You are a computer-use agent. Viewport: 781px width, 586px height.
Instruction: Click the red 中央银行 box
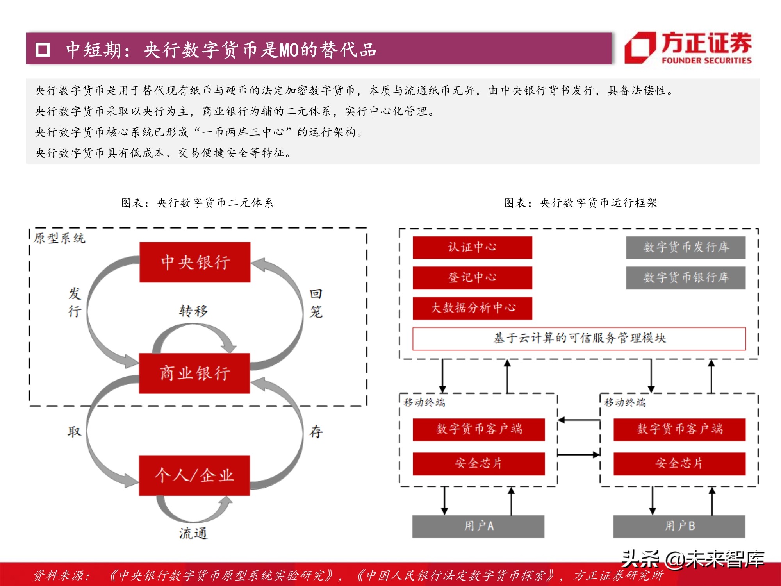tap(195, 262)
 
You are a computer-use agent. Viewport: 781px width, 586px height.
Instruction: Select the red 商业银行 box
tap(194, 373)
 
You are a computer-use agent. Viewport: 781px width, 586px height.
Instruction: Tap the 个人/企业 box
tap(194, 475)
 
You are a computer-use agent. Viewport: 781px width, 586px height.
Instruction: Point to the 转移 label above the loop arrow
tap(194, 311)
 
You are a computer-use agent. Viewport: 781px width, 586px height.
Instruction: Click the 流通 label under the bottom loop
tap(193, 533)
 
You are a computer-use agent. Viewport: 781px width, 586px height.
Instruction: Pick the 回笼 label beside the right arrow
tap(316, 303)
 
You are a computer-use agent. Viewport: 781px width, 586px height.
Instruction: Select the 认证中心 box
tap(472, 247)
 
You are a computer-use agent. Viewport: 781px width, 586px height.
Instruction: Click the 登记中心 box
tap(472, 278)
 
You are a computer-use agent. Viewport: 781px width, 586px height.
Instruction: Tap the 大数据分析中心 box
tap(472, 308)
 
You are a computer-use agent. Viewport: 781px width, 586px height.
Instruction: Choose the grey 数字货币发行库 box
tap(686, 247)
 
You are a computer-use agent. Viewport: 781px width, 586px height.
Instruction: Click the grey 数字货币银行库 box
tap(686, 278)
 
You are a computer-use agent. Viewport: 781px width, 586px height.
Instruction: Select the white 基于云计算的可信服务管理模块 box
tap(579, 338)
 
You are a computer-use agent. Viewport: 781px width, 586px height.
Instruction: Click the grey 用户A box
tap(478, 526)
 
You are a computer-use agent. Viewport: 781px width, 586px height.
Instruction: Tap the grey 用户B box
tap(679, 526)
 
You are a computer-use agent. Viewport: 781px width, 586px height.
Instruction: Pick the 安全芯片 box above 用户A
tap(478, 464)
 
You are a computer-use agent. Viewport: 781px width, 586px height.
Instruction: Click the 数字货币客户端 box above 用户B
tap(679, 429)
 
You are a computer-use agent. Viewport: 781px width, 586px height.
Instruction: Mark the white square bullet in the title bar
tap(43, 50)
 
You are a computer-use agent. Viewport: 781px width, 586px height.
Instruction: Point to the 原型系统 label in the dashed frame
tap(59, 238)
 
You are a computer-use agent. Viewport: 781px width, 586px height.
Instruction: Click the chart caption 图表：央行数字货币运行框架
tap(580, 203)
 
